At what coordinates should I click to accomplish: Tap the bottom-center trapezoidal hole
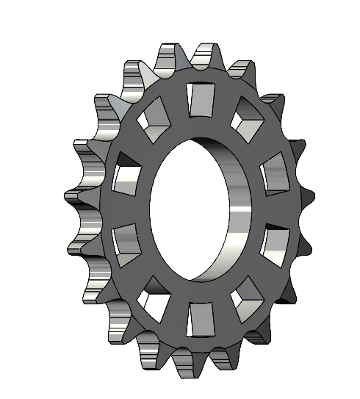click(199, 318)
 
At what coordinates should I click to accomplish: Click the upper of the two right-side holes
click(273, 177)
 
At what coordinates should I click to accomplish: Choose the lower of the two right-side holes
click(276, 245)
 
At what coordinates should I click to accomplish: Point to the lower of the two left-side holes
click(126, 241)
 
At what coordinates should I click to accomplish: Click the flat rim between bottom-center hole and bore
click(198, 291)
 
